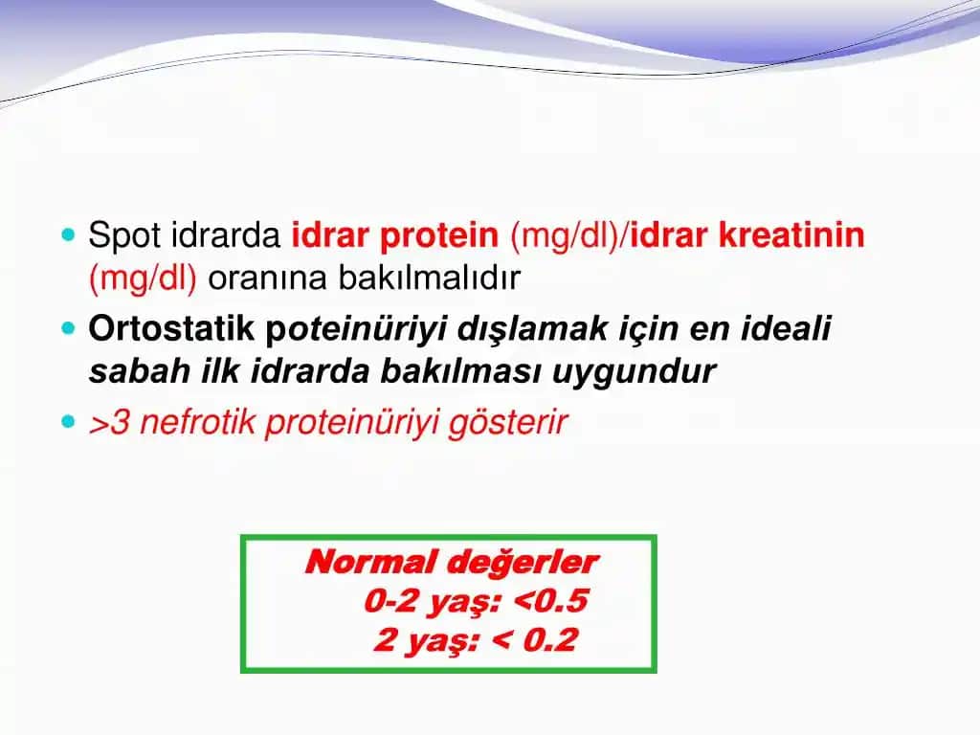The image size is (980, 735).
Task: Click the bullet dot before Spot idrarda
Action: (66, 234)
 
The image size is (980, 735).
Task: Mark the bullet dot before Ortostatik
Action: (66, 328)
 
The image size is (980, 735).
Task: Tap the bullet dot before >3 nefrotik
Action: (66, 421)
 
